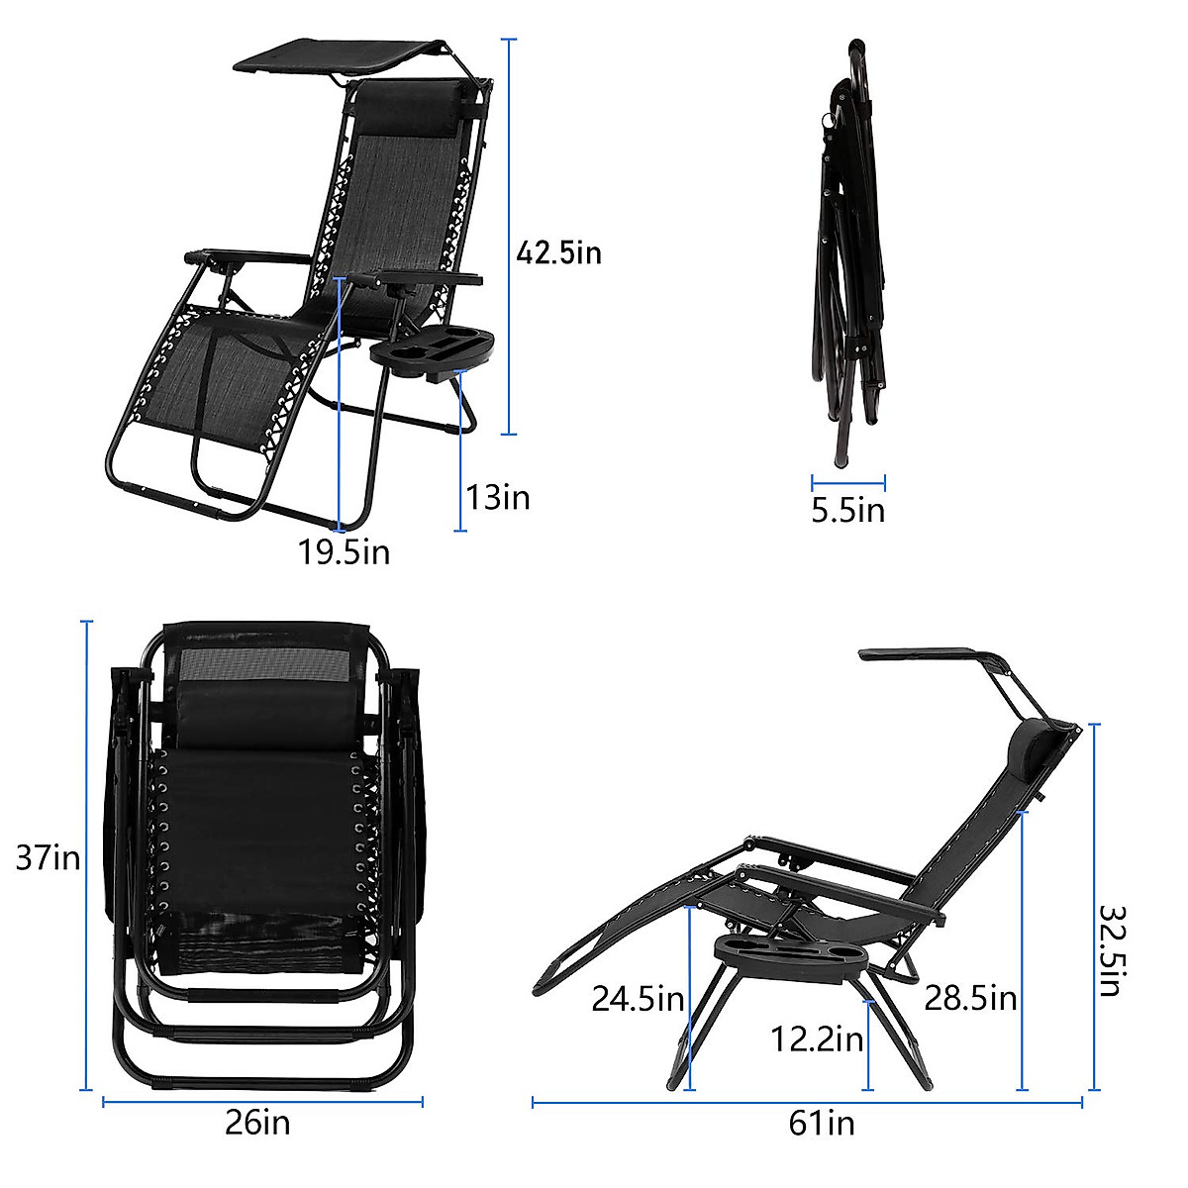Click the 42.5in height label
558,253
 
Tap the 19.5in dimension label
345,551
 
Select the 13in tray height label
498,497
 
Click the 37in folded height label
48,856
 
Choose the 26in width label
257,1123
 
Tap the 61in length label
822,1123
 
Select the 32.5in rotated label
1110,949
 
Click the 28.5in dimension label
970,998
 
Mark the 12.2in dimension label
817,1039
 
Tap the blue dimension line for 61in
807,1102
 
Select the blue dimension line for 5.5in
848,483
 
